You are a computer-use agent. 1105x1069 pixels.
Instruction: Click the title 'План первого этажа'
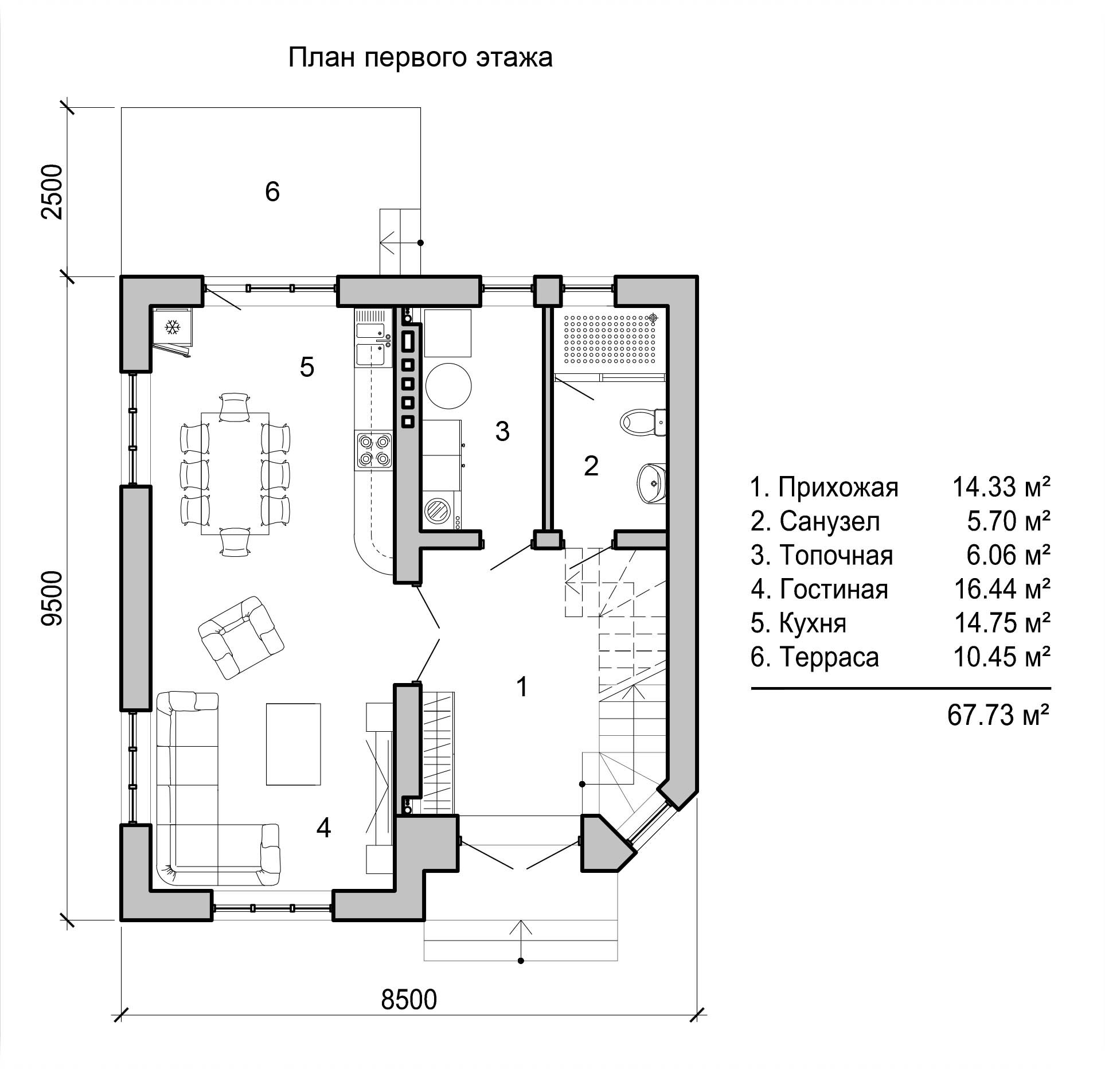(420, 58)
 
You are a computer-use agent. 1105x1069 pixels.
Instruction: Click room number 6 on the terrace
(272, 192)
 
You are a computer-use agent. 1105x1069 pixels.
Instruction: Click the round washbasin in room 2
(652, 483)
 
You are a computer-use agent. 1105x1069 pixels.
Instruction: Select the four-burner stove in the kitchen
(374, 450)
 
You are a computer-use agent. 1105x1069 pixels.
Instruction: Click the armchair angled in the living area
(241, 637)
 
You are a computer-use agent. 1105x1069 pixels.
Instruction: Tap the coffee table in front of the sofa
(293, 744)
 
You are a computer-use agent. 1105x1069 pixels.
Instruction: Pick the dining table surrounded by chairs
(235, 473)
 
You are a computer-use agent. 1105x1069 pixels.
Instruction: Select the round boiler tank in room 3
(449, 386)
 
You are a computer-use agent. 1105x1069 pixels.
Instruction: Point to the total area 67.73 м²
(998, 715)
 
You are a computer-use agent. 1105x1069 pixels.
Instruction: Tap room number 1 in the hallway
(522, 686)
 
